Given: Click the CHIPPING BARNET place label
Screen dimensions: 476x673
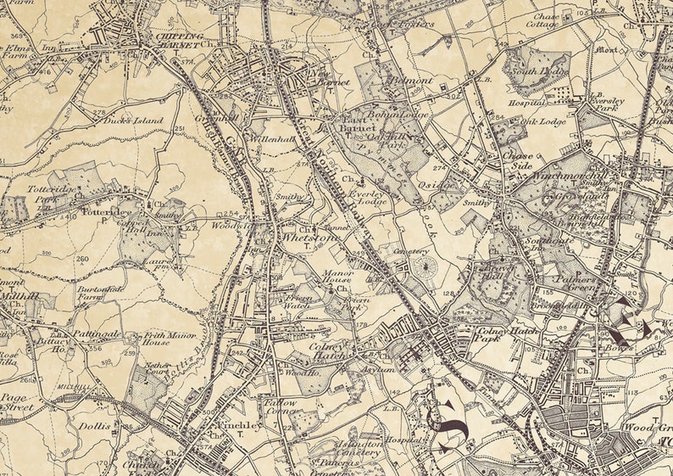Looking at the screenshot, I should [x=179, y=38].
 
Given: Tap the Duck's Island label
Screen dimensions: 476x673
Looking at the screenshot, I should [x=133, y=120].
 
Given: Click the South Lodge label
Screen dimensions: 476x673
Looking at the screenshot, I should [x=542, y=72].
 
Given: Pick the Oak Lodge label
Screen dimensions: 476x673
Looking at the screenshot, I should [x=542, y=121].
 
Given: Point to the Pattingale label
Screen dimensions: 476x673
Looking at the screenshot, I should [x=92, y=335].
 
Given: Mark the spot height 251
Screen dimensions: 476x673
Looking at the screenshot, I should [x=179, y=128].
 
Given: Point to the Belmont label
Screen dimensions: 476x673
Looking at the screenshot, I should [x=410, y=81].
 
